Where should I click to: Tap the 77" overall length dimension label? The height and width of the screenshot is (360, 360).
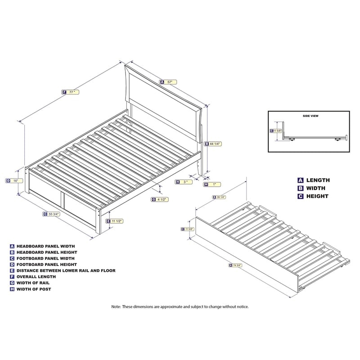(x=71, y=92)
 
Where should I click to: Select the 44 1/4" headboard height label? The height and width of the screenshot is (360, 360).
(x=213, y=144)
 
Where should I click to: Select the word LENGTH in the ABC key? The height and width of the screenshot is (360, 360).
(x=318, y=180)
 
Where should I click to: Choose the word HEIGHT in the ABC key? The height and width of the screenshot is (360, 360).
(x=317, y=196)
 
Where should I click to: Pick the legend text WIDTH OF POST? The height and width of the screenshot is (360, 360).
(x=34, y=289)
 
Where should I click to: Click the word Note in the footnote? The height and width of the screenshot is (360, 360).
(x=116, y=306)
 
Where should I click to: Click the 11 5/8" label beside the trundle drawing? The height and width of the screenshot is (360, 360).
(x=187, y=229)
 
